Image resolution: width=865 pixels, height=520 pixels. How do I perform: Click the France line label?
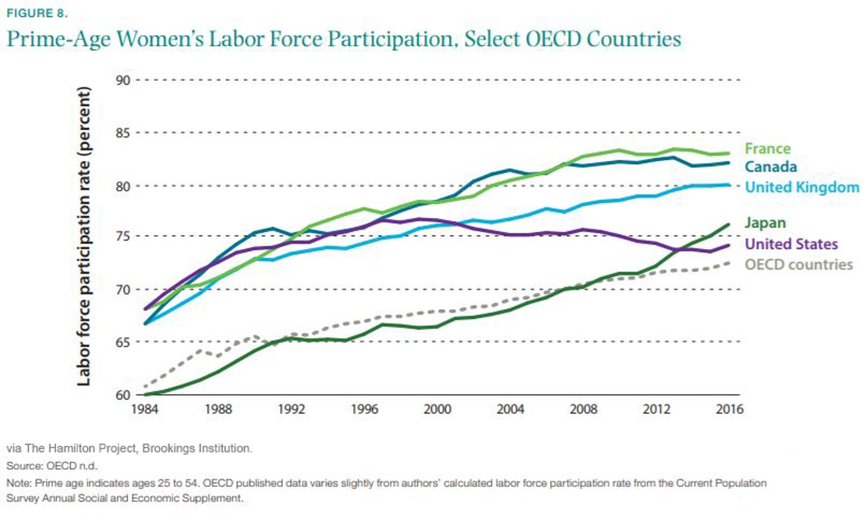767,149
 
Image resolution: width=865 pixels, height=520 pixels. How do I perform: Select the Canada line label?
770,167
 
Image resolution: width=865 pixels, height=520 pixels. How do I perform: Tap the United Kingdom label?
801,187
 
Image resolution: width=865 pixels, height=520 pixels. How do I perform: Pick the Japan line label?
764,223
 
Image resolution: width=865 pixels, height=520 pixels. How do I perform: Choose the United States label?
791,244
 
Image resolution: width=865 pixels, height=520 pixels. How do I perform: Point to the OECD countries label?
798,264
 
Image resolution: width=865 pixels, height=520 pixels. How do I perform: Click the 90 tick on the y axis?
123,80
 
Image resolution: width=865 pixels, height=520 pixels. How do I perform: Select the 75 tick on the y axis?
123,236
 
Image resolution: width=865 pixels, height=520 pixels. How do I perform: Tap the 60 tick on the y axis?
123,395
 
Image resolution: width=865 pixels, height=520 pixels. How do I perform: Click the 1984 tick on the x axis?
144,409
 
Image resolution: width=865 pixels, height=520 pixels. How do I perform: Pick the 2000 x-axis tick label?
437,409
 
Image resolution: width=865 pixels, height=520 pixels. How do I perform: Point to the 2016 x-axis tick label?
729,409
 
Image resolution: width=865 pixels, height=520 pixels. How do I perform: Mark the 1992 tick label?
291,409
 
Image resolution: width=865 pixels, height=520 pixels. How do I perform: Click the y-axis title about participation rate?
84,236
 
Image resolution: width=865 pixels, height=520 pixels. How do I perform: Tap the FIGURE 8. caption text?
37,13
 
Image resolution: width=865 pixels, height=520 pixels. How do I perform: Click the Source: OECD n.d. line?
51,466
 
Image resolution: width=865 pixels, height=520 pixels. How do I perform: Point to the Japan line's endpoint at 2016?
728,224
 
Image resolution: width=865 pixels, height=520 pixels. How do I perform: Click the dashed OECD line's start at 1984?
145,387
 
